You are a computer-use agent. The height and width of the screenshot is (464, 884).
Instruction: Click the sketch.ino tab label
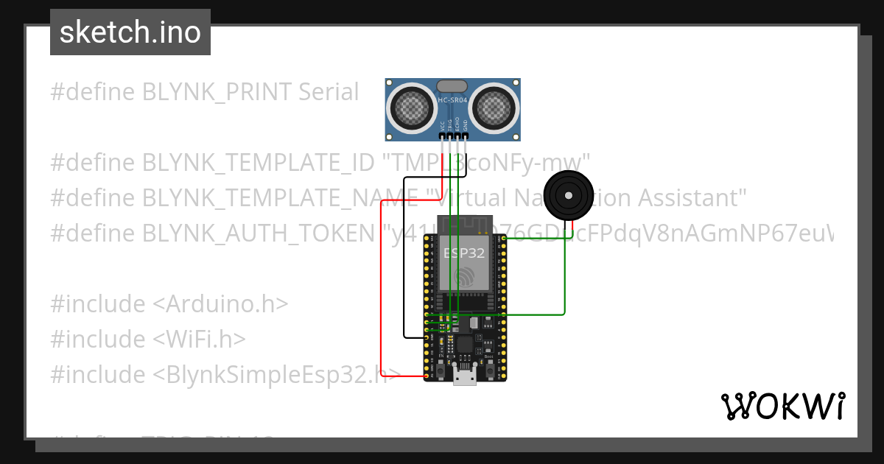coord(130,32)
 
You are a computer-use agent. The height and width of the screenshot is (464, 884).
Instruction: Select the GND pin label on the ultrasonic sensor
coord(465,124)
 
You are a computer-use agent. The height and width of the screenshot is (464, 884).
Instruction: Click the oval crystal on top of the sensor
coord(452,86)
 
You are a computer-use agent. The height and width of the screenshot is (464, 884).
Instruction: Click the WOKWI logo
coord(782,406)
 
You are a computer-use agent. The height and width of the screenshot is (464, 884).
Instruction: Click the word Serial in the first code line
coord(329,92)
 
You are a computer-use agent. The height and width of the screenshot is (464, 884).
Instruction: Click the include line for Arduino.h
coord(169,304)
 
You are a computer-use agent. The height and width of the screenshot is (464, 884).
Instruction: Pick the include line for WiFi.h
coord(147,340)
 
